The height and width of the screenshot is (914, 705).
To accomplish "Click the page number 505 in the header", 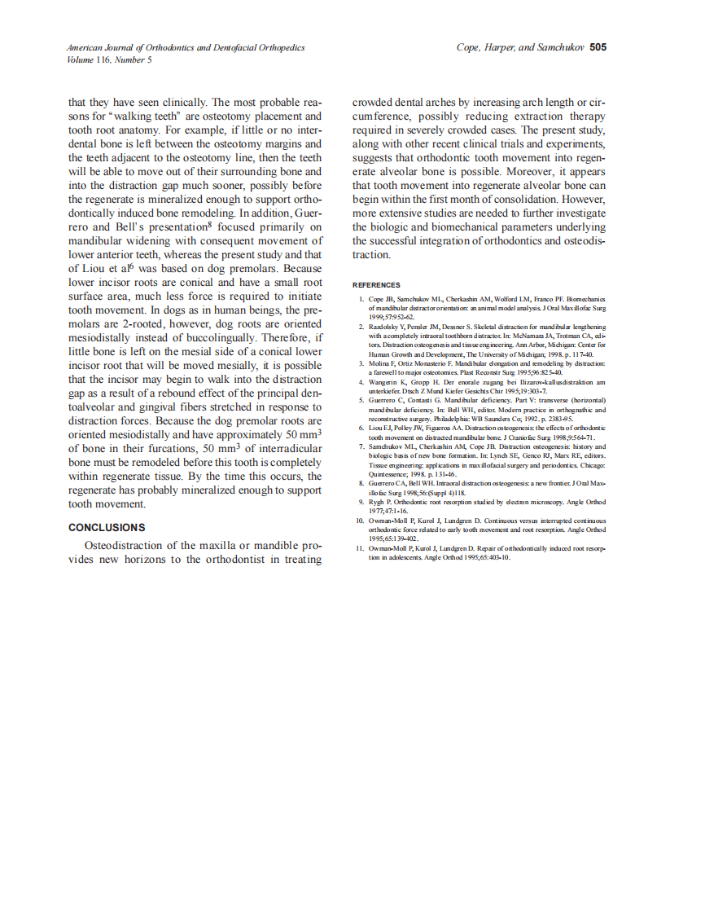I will [598, 47].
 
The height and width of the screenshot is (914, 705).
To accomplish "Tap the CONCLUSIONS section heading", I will [107, 527].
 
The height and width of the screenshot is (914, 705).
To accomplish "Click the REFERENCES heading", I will [376, 285].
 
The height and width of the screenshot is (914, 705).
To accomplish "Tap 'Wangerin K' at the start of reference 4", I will [388, 381].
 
